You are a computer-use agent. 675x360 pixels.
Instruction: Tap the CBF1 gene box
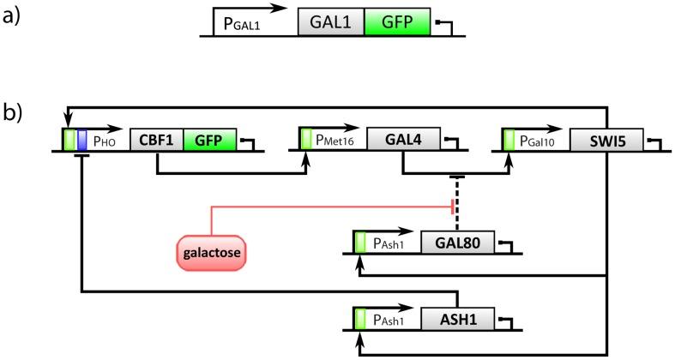click(x=156, y=139)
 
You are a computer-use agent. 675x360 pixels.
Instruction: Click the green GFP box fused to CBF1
click(x=208, y=139)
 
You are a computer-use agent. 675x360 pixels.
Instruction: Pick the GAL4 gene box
click(x=404, y=139)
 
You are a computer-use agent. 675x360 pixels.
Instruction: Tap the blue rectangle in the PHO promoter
click(x=82, y=139)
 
